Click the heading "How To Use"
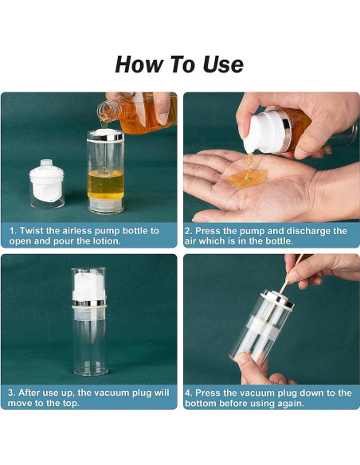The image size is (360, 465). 179,64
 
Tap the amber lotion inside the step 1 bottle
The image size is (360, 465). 105,182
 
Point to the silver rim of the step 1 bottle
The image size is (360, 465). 105,138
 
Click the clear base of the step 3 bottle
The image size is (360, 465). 89,362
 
